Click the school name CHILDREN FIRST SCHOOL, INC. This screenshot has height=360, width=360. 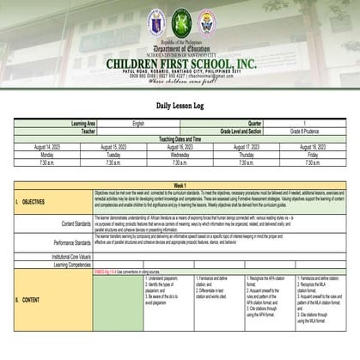180,64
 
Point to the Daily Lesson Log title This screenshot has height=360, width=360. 180,105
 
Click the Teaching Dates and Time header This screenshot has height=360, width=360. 180,138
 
